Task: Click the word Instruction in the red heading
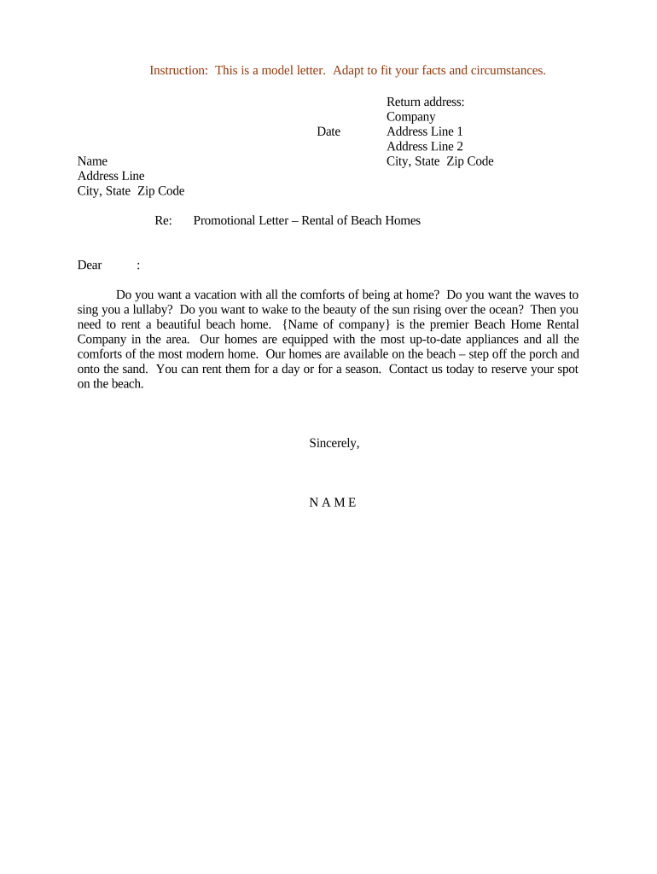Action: pos(177,70)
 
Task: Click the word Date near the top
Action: pos(328,131)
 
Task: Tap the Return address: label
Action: pos(425,102)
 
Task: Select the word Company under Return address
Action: pos(410,117)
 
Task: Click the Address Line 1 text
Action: pos(424,131)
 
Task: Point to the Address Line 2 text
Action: pos(424,147)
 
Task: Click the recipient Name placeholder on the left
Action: pos(92,161)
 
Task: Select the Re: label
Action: pos(163,221)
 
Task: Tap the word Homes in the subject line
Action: pos(403,221)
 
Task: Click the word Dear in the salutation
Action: pos(90,265)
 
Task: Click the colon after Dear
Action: pos(138,265)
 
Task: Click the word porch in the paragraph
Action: pos(515,354)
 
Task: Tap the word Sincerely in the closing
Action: pos(334,444)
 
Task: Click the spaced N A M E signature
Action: pos(333,503)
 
